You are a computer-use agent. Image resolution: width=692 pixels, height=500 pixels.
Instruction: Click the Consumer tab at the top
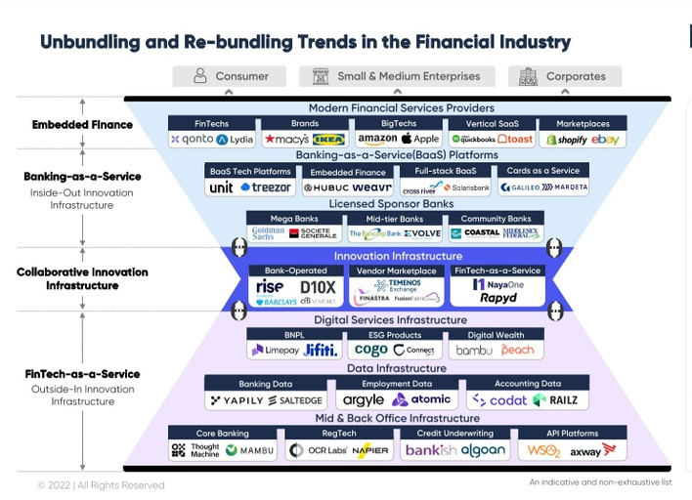click(230, 76)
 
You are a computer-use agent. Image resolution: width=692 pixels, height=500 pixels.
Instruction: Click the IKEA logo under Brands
click(328, 140)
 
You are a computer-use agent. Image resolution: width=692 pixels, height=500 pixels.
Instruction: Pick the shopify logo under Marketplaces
click(566, 140)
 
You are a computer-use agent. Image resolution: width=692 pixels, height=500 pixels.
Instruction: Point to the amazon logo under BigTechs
click(377, 140)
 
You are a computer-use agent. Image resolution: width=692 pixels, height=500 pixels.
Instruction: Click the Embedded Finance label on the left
click(82, 125)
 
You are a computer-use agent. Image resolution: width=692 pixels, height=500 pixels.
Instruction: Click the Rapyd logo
click(498, 298)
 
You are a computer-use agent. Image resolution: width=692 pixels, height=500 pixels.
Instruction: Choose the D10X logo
click(318, 287)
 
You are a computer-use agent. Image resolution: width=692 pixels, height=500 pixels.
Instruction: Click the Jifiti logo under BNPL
click(321, 350)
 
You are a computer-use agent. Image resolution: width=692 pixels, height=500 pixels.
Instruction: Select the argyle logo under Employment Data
click(364, 399)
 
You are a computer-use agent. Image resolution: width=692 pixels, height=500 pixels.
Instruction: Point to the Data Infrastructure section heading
click(396, 368)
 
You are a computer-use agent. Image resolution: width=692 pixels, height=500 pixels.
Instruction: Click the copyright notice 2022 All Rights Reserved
click(101, 485)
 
